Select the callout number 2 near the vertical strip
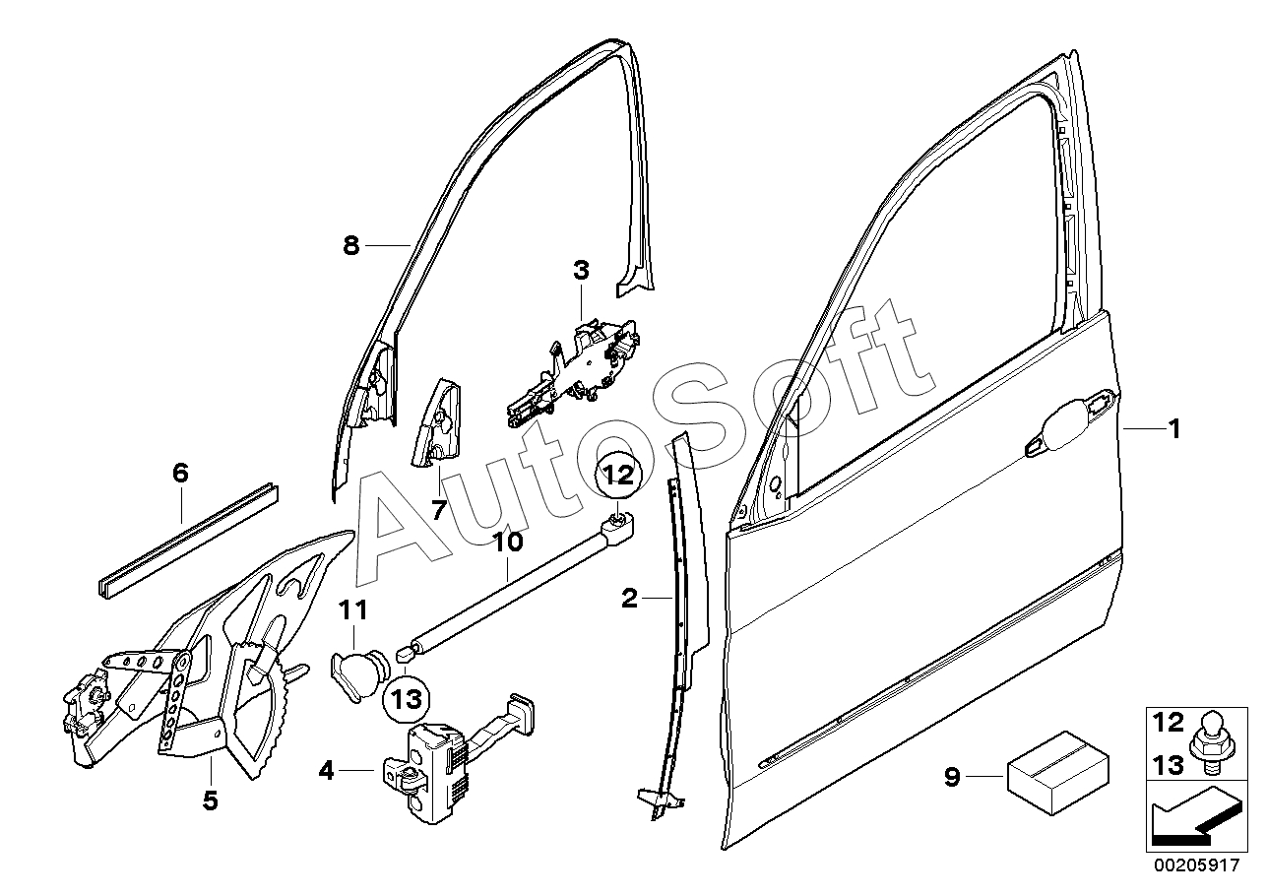click(x=629, y=598)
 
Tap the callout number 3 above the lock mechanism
click(x=581, y=271)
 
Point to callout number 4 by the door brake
click(x=327, y=770)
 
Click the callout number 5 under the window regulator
click(x=211, y=800)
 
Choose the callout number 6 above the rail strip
click(x=180, y=473)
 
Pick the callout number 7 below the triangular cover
click(x=439, y=510)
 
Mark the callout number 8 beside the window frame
click(x=351, y=245)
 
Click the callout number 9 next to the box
click(x=953, y=777)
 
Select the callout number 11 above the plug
click(x=353, y=610)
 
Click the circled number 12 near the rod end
click(x=619, y=474)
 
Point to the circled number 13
click(x=407, y=700)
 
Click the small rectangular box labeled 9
click(x=1057, y=773)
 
